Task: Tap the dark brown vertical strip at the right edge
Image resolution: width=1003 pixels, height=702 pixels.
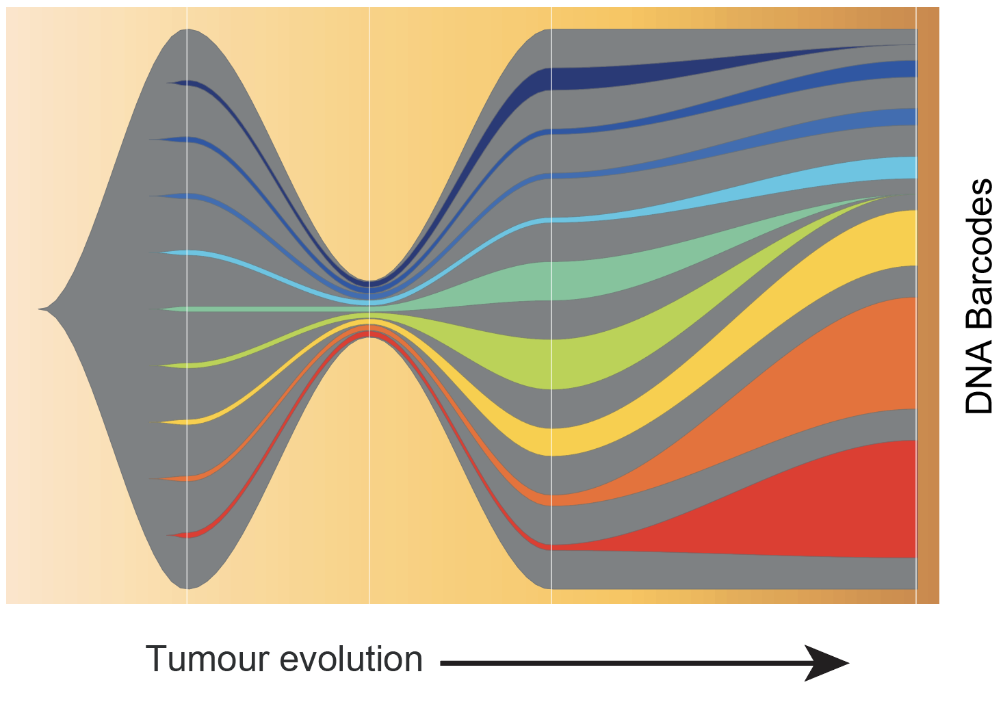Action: point(928,308)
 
